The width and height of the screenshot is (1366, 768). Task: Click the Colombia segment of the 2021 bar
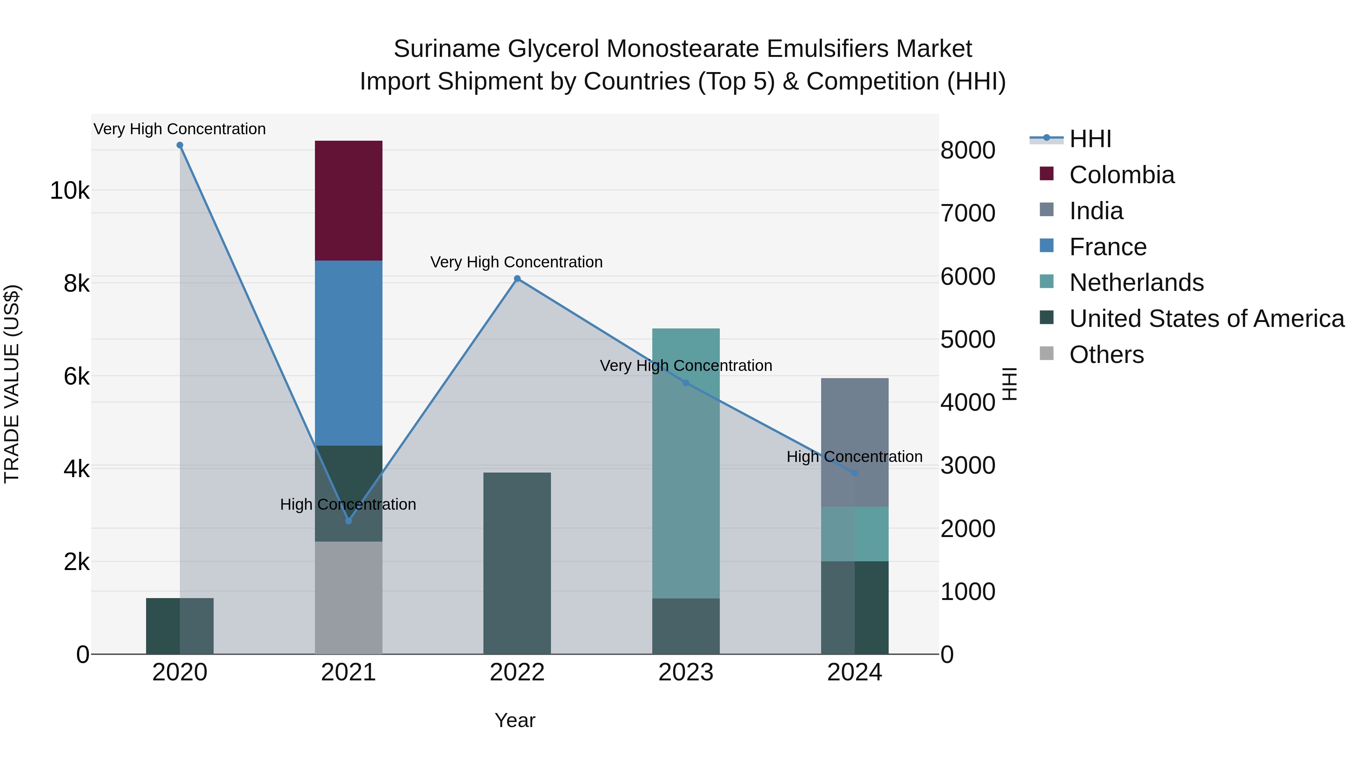(348, 200)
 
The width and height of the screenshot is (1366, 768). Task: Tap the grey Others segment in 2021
(348, 597)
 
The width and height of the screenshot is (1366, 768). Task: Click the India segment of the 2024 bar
(854, 442)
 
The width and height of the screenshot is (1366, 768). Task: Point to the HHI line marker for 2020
(180, 145)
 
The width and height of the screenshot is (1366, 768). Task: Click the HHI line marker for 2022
(517, 279)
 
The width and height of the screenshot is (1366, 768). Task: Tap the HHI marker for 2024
(854, 473)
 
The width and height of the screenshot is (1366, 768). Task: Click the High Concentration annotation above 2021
(348, 504)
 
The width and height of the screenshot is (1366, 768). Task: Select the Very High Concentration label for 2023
(686, 366)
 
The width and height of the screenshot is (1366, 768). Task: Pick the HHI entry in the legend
(1090, 139)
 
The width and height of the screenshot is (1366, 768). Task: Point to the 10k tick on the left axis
(69, 190)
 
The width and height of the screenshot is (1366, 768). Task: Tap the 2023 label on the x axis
(686, 672)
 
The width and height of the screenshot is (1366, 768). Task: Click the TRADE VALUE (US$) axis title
(12, 384)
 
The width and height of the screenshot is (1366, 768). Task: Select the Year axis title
(515, 720)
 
